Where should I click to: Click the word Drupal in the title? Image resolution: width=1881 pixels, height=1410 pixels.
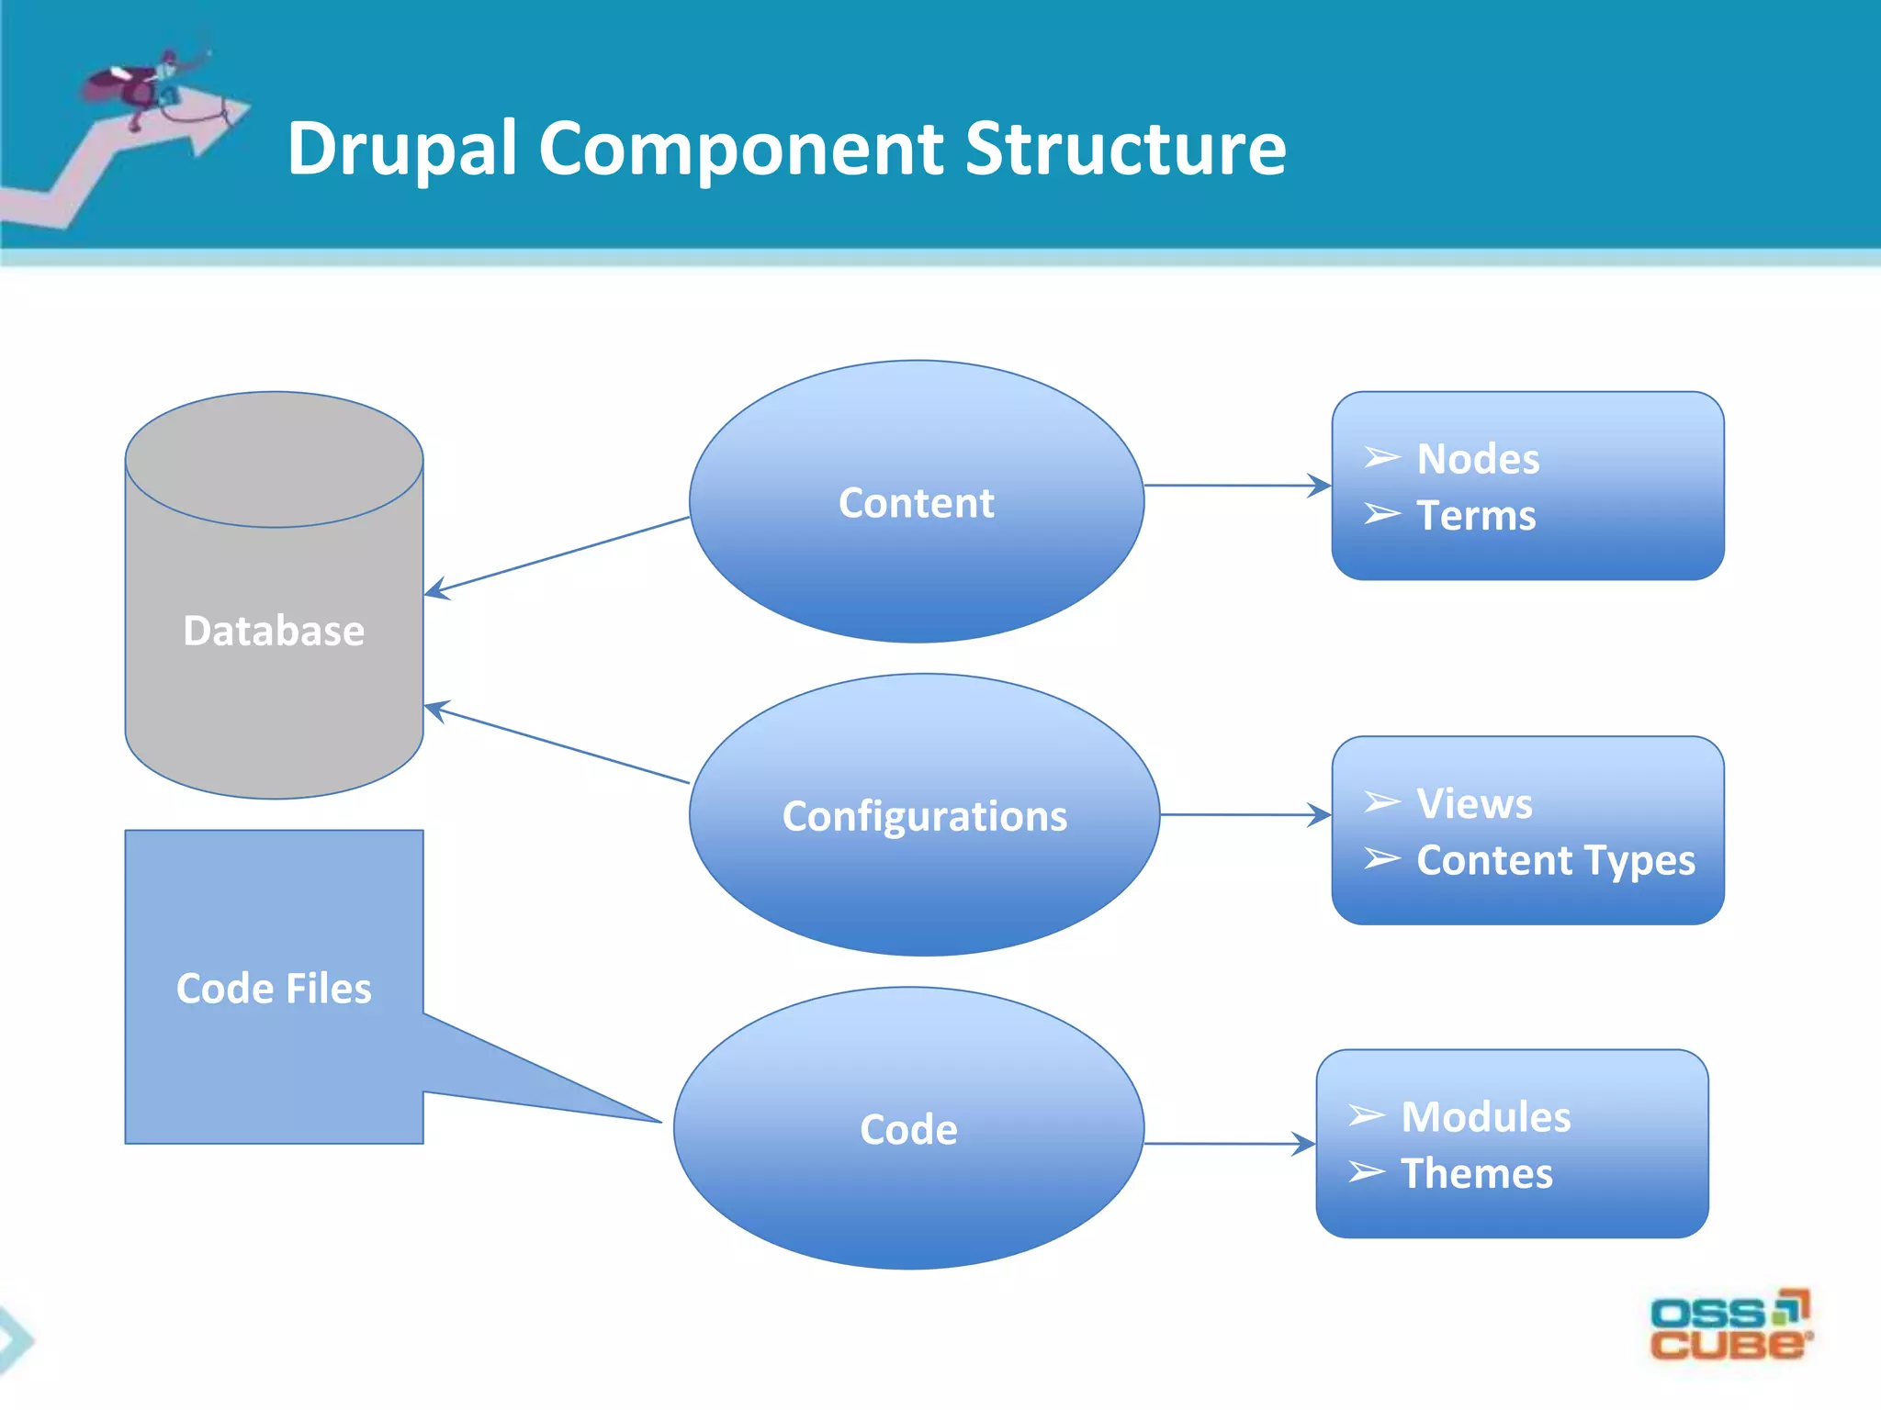pyautogui.click(x=402, y=150)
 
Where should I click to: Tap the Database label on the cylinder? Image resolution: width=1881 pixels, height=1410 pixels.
pyautogui.click(x=274, y=632)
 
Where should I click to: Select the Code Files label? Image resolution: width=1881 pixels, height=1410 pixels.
pyautogui.click(x=274, y=989)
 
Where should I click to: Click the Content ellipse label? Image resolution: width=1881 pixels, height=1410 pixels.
pyautogui.click(x=916, y=503)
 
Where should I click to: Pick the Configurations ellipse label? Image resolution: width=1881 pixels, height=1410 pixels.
pyautogui.click(x=924, y=816)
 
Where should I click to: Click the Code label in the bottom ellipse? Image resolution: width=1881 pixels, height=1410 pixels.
pyautogui.click(x=908, y=1130)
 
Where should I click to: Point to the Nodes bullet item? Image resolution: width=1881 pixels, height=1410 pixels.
pyautogui.click(x=1477, y=459)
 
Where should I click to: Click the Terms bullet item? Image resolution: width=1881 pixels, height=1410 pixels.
pyautogui.click(x=1475, y=516)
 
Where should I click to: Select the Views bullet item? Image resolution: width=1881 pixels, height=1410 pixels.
pyautogui.click(x=1473, y=804)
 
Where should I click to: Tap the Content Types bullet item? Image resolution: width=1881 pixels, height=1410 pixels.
pyautogui.click(x=1555, y=861)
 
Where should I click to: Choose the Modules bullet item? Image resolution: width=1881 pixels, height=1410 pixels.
pyautogui.click(x=1485, y=1117)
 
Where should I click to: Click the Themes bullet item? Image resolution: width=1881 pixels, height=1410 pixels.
pyautogui.click(x=1476, y=1174)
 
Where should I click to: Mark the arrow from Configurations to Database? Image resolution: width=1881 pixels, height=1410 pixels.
pyautogui.click(x=557, y=744)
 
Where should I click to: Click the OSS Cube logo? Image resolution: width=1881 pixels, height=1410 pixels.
pyautogui.click(x=1729, y=1326)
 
